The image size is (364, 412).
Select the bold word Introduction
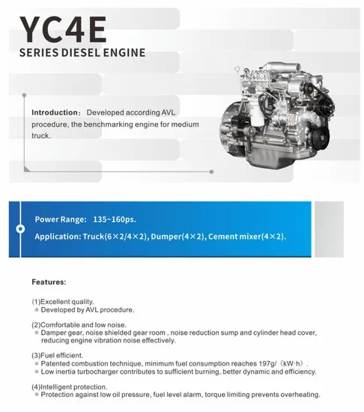click(x=56, y=112)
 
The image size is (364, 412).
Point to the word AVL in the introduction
click(x=175, y=112)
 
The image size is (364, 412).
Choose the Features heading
click(x=49, y=283)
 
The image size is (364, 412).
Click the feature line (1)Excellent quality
click(x=63, y=302)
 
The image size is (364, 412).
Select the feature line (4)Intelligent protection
click(x=70, y=387)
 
